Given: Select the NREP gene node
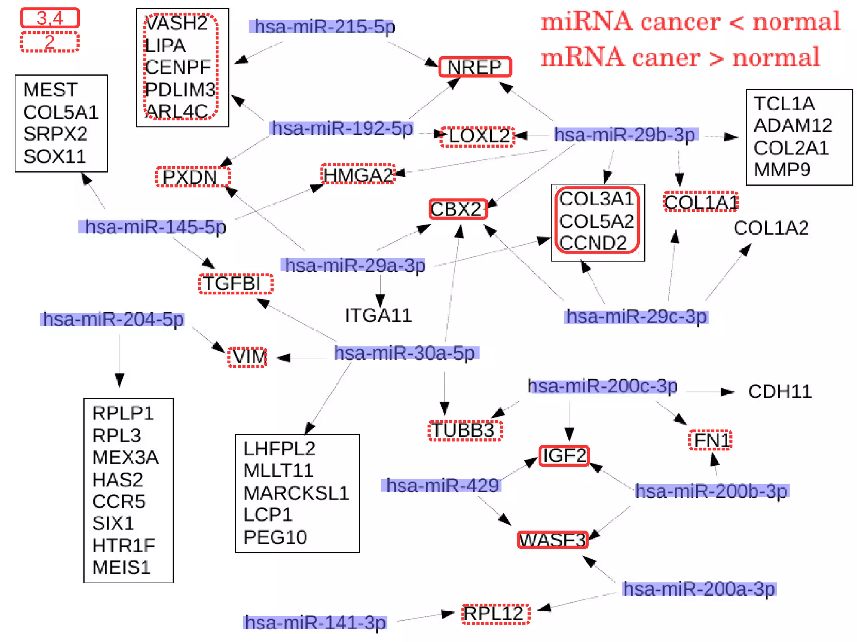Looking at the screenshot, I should click(x=475, y=67).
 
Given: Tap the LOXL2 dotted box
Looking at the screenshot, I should click(x=478, y=136).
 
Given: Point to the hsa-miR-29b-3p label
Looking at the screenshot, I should click(x=625, y=135).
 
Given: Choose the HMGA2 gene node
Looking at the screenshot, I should click(x=358, y=174).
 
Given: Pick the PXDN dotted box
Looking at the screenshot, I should click(x=192, y=176).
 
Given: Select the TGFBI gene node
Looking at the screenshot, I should click(x=235, y=284).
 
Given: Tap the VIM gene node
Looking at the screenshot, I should click(x=248, y=357).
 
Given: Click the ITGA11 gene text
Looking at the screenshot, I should click(x=378, y=315).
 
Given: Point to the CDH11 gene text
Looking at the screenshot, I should click(x=780, y=392).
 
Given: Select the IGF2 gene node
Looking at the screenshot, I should click(x=564, y=455).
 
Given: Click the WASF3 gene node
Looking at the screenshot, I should click(x=552, y=540).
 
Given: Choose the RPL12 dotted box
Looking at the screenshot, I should click(x=495, y=614).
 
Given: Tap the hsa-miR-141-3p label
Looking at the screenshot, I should click(x=315, y=622).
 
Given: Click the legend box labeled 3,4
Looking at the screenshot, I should click(x=50, y=18).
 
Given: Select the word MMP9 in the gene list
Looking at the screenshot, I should click(x=782, y=170).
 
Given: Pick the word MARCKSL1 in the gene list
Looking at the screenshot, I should click(x=296, y=493).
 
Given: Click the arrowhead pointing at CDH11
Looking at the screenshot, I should click(x=727, y=392).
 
